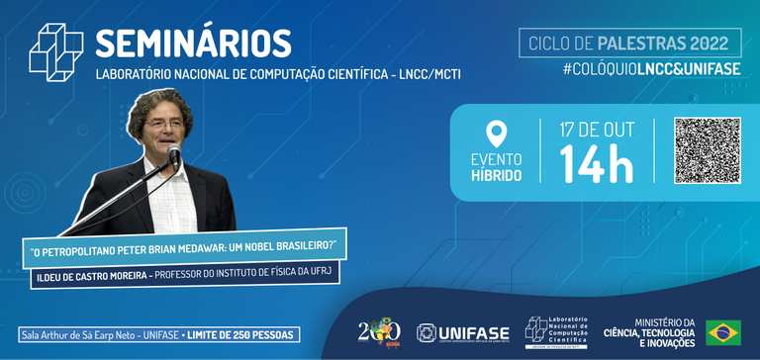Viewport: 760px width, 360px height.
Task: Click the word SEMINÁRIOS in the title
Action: pyautogui.click(x=193, y=44)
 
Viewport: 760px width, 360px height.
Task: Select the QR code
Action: pyautogui.click(x=707, y=150)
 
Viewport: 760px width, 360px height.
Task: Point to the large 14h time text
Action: pyautogui.click(x=596, y=164)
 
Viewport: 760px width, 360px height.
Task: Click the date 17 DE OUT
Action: pyautogui.click(x=596, y=130)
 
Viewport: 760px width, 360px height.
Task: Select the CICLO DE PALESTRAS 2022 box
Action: pyautogui.click(x=629, y=44)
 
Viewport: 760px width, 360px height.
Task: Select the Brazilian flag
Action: pyautogui.click(x=722, y=332)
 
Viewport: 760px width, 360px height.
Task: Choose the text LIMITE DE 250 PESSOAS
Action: pyautogui.click(x=241, y=334)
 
